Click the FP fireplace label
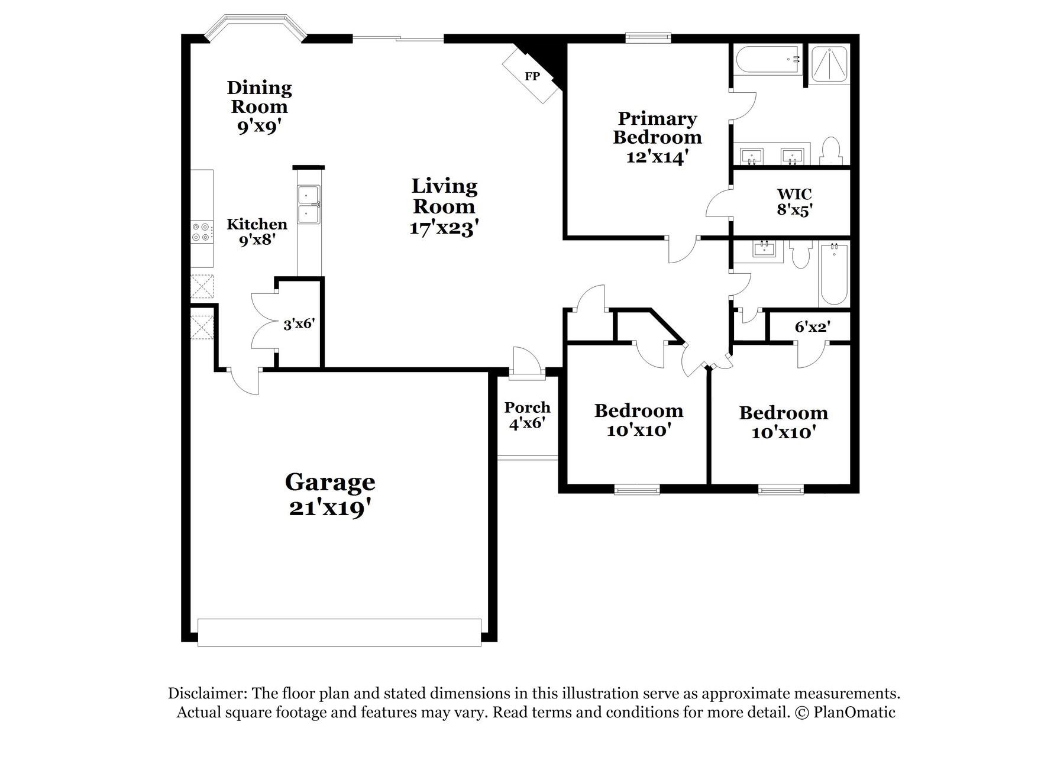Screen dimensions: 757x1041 tap(532, 76)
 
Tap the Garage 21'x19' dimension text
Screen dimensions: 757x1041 tap(330, 508)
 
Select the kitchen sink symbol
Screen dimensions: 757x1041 tap(308, 205)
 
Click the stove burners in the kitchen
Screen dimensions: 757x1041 tap(201, 231)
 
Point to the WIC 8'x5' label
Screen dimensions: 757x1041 tap(794, 202)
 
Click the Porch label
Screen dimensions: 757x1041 tap(527, 407)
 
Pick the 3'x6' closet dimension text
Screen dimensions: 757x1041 tap(299, 324)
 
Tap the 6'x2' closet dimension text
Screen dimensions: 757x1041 tap(812, 326)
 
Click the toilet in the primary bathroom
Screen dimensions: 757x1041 tap(831, 151)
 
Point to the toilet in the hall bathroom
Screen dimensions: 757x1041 tap(801, 255)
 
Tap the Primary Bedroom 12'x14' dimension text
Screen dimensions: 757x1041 tap(657, 157)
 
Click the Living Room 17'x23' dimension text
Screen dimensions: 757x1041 tap(443, 228)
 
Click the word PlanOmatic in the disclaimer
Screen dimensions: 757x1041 tap(854, 712)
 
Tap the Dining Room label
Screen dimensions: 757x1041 tap(259, 98)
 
